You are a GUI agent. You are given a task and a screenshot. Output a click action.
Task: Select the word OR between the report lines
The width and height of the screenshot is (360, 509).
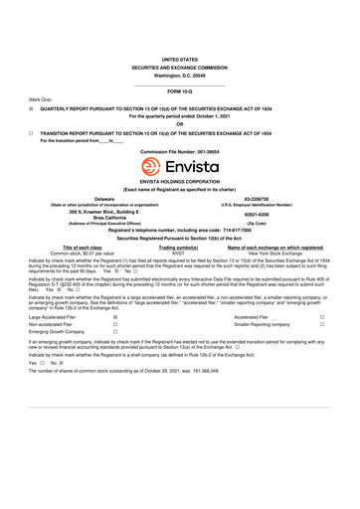point(180,123)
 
